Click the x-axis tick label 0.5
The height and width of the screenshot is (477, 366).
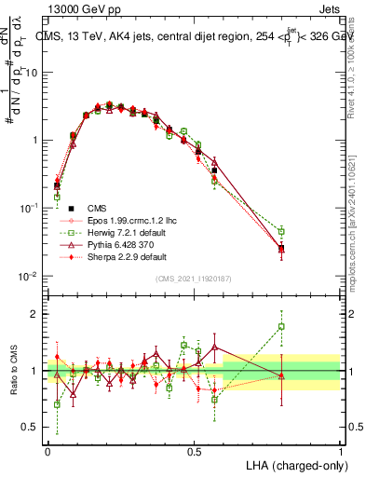point(194,450)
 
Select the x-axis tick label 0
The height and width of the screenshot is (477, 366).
point(47,450)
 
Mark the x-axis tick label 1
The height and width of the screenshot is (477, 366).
point(341,450)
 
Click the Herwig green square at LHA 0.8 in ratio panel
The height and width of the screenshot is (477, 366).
point(281,327)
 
